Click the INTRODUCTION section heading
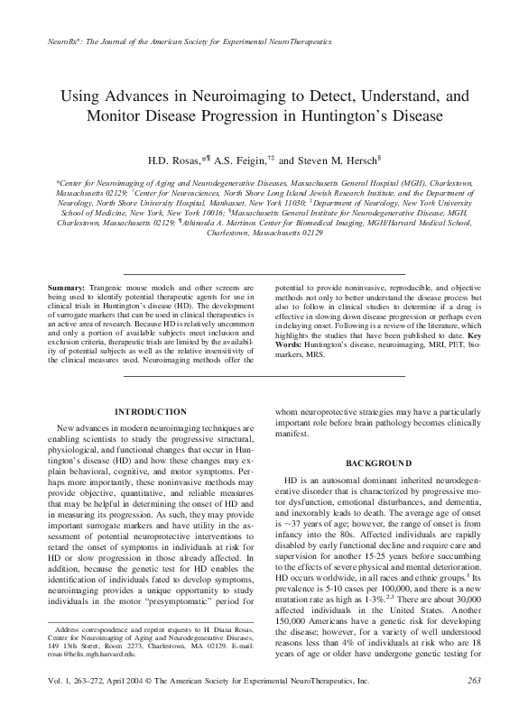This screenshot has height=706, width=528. (x=152, y=412)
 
